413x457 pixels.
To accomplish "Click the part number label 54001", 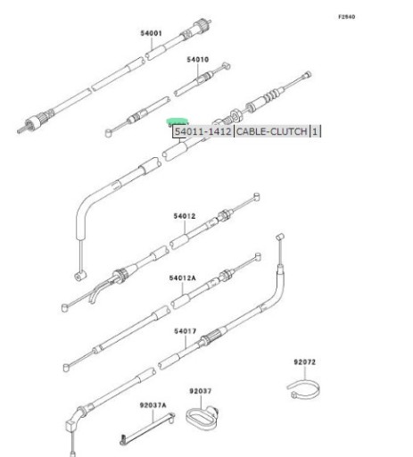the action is pyautogui.click(x=151, y=33).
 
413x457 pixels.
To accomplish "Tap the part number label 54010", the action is pyautogui.click(x=198, y=60).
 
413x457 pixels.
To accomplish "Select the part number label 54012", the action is pyautogui.click(x=185, y=216).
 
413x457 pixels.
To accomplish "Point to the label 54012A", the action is pyautogui.click(x=183, y=278).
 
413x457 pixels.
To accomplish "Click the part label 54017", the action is pyautogui.click(x=186, y=331).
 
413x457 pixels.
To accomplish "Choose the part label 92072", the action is pyautogui.click(x=305, y=361).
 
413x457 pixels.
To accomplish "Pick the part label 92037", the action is pyautogui.click(x=201, y=391).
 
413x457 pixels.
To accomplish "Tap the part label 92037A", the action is pyautogui.click(x=153, y=405).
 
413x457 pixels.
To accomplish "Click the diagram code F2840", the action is pyautogui.click(x=347, y=17).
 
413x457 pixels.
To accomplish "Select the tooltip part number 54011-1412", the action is pyautogui.click(x=202, y=131).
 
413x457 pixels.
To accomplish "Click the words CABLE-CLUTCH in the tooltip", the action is pyautogui.click(x=271, y=131).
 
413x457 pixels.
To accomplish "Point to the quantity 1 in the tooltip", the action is pyautogui.click(x=315, y=131).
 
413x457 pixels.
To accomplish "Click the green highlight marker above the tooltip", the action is pyautogui.click(x=178, y=121).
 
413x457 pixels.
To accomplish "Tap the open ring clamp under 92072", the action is pyautogui.click(x=304, y=389).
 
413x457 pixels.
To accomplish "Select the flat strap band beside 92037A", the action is pyautogui.click(x=148, y=428).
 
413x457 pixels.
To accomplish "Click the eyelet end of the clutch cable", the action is pyautogui.click(x=80, y=277).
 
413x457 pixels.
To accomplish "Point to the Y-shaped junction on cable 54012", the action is pyautogui.click(x=96, y=292).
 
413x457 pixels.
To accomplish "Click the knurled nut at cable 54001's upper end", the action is pyautogui.click(x=200, y=25).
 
